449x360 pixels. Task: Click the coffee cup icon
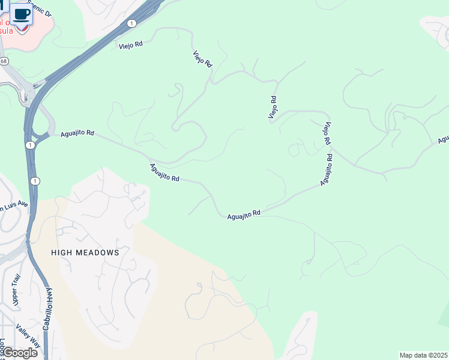[x=22, y=13]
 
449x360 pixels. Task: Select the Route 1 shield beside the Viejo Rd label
[x=131, y=23]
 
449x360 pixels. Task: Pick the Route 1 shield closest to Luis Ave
[x=35, y=181]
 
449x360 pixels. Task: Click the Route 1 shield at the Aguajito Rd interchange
[x=29, y=145]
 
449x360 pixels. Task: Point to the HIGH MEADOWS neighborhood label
[x=85, y=253]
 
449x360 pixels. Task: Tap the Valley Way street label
[x=27, y=336]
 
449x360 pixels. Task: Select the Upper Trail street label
[x=16, y=290]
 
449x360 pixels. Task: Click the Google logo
[x=19, y=352]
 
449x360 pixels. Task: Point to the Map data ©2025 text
[x=424, y=355]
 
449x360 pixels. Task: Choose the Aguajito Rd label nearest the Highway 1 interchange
[x=77, y=133]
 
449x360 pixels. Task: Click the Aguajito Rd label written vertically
[x=326, y=169]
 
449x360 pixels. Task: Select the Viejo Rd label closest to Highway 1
[x=130, y=44]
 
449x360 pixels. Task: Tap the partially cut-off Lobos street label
[x=3, y=347]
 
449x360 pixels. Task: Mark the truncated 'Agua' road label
[x=443, y=139]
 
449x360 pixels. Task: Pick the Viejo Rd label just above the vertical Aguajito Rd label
[x=327, y=133]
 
